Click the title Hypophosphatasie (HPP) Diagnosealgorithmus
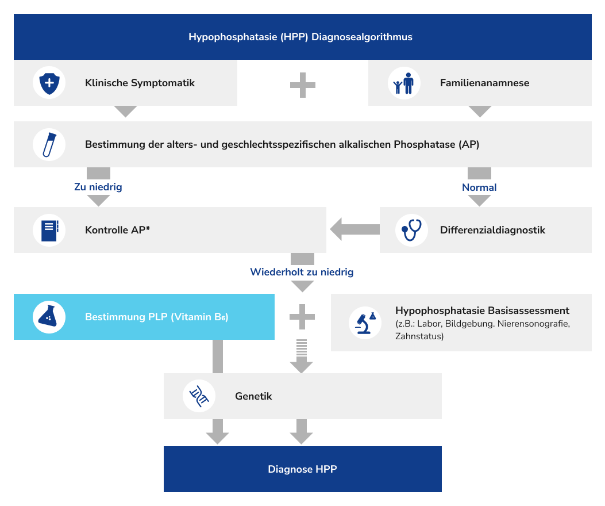coord(300,37)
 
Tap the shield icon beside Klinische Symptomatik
coord(49,83)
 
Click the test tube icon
coord(49,144)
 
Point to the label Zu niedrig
coord(98,187)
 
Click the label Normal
coord(479,187)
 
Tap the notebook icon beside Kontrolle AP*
coord(49,230)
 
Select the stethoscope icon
coord(412,230)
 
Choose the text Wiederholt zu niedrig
coord(302,272)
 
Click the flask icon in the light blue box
coord(49,317)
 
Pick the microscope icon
coord(365,323)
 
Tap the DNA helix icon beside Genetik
coord(199,396)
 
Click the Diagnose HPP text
coord(302,469)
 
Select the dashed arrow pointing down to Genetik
coord(302,356)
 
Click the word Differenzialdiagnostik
coord(492,230)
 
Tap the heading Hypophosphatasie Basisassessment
coord(482,310)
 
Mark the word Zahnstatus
coord(419,336)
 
